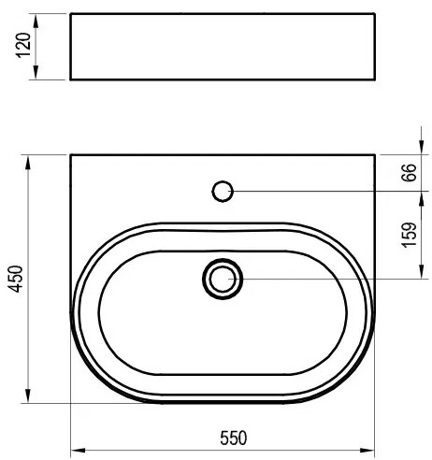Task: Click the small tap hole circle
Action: [223, 191]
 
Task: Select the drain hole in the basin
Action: [223, 278]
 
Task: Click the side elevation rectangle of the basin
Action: [223, 47]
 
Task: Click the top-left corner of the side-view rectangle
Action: [72, 13]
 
